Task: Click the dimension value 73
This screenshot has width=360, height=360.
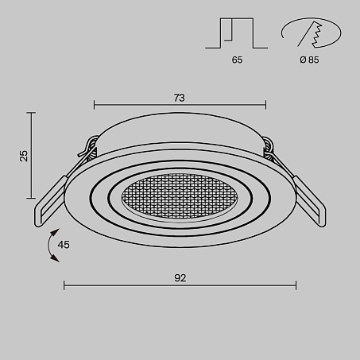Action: (x=180, y=98)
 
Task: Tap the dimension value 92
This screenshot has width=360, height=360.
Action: (x=180, y=278)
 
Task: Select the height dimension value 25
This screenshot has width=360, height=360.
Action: (x=24, y=156)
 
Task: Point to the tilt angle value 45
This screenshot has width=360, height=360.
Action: (x=64, y=245)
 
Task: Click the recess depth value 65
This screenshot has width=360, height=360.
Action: (x=237, y=60)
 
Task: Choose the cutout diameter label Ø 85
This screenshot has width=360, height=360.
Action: (x=309, y=60)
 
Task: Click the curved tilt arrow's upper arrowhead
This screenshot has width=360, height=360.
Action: (x=55, y=232)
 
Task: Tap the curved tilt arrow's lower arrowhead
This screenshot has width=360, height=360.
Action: (x=55, y=258)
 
